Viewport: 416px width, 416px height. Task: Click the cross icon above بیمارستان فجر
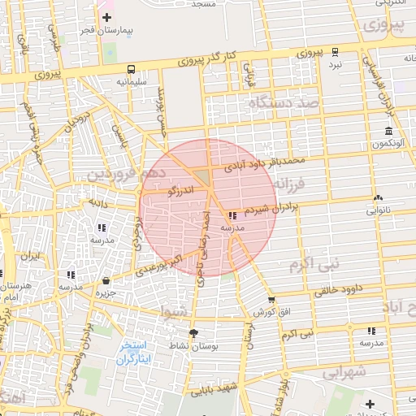coord(106,17)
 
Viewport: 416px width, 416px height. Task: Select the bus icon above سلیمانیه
coord(132,69)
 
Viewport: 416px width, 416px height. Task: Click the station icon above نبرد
coord(336,51)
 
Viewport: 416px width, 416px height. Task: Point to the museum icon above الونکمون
coord(389,132)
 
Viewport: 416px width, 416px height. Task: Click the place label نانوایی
coord(377,210)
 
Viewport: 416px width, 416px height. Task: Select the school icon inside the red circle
coord(233,216)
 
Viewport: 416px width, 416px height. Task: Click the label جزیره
coord(103,292)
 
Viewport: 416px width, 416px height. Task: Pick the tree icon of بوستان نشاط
coord(193,333)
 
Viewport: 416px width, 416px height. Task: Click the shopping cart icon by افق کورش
coord(271,299)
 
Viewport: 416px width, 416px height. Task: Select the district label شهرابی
coord(346,372)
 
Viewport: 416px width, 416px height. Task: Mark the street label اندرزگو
coord(180,191)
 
